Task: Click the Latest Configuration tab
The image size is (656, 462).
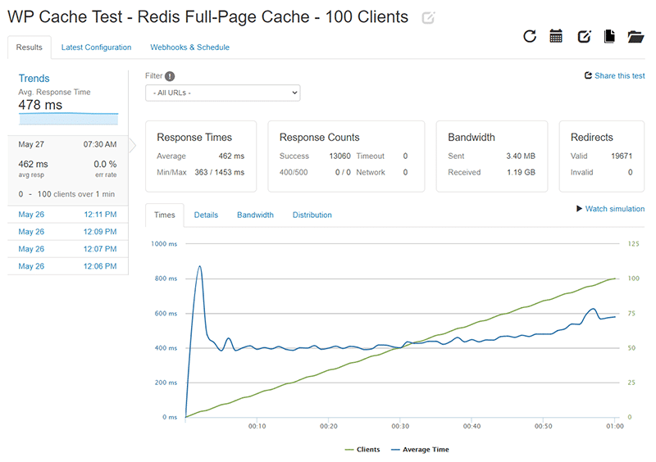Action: click(96, 48)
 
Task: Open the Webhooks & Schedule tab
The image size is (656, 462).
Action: click(189, 48)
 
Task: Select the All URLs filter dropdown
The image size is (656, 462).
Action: click(222, 93)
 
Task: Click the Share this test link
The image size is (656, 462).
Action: click(614, 76)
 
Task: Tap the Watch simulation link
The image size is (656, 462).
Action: click(610, 209)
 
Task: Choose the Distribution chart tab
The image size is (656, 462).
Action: click(312, 215)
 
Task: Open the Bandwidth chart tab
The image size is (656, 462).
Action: click(255, 215)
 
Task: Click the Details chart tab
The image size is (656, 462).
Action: click(206, 215)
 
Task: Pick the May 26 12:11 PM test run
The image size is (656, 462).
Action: click(67, 215)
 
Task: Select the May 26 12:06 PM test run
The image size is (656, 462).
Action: click(67, 266)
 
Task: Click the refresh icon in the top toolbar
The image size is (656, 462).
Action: click(530, 36)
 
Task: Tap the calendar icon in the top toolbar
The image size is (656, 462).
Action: click(556, 36)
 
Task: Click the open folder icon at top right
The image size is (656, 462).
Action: click(635, 36)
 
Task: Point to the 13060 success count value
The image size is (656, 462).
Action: click(339, 156)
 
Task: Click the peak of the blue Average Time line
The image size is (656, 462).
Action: click(199, 266)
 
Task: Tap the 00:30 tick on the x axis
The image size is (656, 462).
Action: click(400, 426)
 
